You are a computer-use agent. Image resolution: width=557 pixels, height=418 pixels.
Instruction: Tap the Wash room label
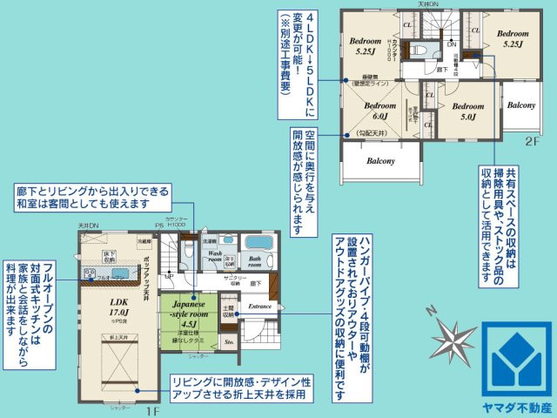point(214,257)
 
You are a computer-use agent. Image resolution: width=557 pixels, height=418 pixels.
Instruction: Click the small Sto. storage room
point(229,342)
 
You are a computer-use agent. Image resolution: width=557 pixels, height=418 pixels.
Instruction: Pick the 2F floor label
point(530,139)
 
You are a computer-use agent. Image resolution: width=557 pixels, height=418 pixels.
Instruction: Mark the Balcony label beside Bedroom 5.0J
point(520,104)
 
